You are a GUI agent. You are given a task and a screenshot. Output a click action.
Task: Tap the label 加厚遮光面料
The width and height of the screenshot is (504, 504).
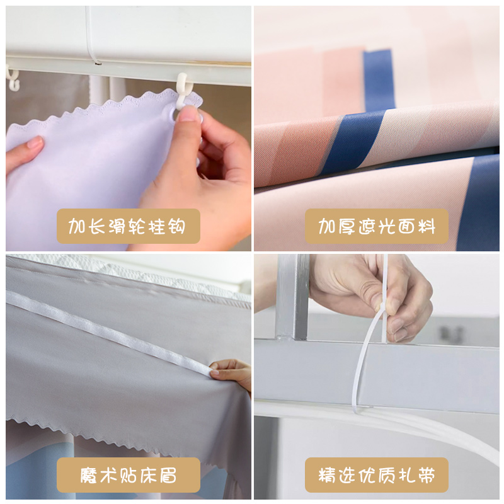click(x=377, y=226)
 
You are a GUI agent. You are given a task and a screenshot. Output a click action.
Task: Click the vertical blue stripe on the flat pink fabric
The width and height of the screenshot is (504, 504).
click(x=379, y=79)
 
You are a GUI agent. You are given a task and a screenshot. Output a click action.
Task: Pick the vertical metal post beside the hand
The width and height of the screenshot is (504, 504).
click(x=292, y=296)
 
